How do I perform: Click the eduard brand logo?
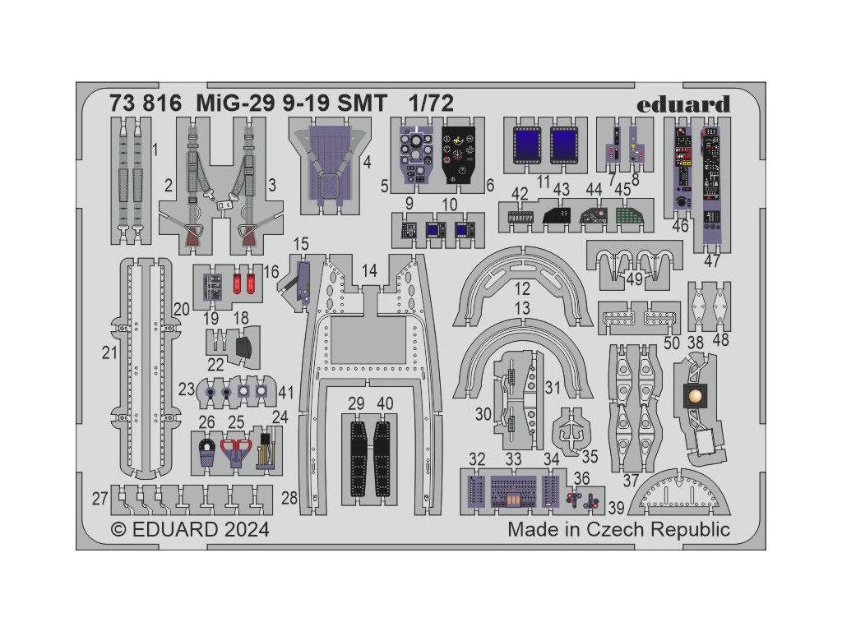tap(694, 104)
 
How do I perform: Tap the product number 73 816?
tap(133, 104)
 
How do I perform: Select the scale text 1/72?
tap(431, 104)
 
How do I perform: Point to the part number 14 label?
tap(369, 270)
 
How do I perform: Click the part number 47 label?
tap(712, 261)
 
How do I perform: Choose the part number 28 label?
tap(289, 497)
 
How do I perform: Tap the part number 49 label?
tap(634, 279)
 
